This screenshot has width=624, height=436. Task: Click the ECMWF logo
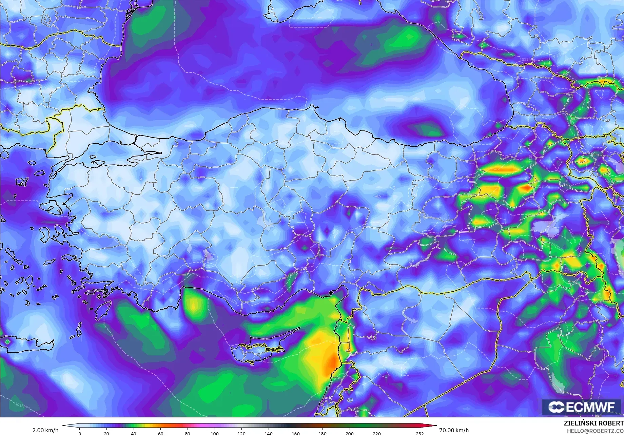click(582, 407)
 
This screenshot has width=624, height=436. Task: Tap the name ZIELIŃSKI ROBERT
click(593, 423)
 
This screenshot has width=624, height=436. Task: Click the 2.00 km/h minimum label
click(45, 430)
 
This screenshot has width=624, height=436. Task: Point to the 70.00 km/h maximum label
click(454, 430)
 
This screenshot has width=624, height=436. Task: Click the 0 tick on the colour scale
click(80, 433)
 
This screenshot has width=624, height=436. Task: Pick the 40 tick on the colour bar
click(134, 433)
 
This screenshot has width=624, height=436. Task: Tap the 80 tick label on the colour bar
click(188, 433)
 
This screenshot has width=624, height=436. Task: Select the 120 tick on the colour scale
click(241, 433)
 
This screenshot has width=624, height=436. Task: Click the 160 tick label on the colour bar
click(295, 433)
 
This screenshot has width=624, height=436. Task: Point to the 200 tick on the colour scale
click(349, 433)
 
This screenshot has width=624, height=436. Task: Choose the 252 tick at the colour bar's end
click(420, 433)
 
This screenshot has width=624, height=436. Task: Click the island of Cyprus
click(258, 351)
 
